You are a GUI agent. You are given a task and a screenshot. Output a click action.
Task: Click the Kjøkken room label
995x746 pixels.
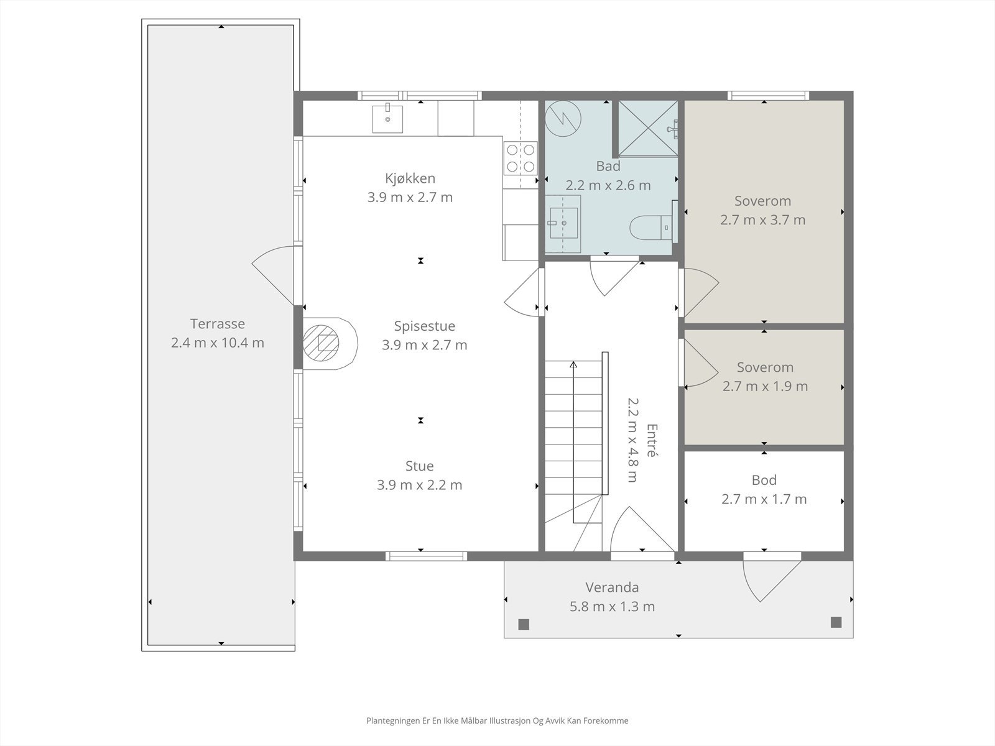coord(410,178)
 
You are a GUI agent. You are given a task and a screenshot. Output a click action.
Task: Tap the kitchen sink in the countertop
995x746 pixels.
coord(387,119)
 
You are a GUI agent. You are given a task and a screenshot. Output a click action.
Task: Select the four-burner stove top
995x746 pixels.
coord(521,157)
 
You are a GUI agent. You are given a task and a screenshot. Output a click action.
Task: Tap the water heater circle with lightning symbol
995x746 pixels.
coord(563,118)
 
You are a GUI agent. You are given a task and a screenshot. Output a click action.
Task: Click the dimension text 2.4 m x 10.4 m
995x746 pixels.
coord(218,343)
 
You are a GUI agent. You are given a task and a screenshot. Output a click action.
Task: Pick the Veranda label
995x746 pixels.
coord(612,587)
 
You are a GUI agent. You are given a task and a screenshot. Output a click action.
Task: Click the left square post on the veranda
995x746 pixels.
coord(524,624)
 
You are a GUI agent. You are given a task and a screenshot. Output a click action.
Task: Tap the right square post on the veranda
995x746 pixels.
coord(836,622)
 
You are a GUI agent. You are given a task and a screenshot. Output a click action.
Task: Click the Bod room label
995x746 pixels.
coord(764,480)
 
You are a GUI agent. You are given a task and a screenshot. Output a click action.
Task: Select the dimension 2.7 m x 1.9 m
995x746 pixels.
coord(765,386)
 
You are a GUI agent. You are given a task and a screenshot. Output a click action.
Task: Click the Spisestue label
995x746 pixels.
coord(425,326)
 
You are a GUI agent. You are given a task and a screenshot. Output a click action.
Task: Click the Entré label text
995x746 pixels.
coord(651,440)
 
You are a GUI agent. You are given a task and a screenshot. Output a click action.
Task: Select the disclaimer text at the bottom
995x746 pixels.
coord(497,721)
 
